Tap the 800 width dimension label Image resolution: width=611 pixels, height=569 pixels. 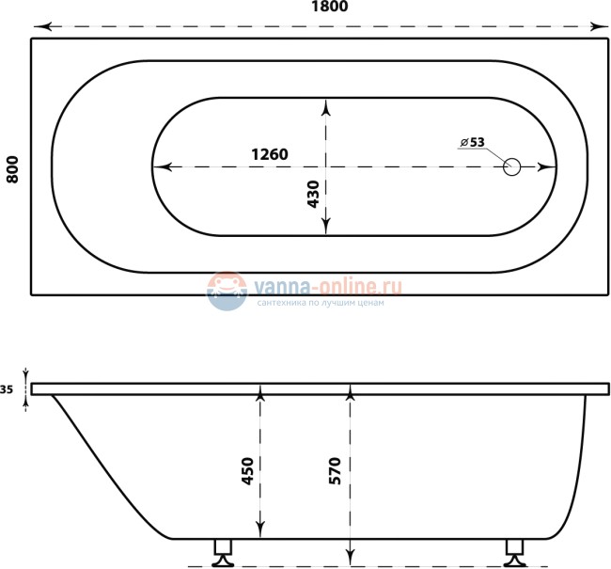pyautogui.click(x=12, y=166)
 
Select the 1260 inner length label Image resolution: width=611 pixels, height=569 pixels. pyautogui.click(x=268, y=154)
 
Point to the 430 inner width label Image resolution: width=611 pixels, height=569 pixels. pyautogui.click(x=313, y=193)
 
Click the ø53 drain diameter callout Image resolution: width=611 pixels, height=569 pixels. pyautogui.click(x=472, y=142)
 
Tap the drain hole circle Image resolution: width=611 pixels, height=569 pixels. pyautogui.click(x=511, y=167)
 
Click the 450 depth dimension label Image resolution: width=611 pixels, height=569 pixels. pyautogui.click(x=247, y=470)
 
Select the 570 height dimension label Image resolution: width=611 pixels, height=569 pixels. pyautogui.click(x=336, y=470)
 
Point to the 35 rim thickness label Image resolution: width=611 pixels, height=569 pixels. pyautogui.click(x=8, y=389)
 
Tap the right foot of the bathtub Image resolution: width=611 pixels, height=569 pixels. pyautogui.click(x=515, y=552)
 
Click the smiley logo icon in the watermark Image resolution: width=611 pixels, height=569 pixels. pyautogui.click(x=226, y=291)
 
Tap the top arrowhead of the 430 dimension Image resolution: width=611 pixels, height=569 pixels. pyautogui.click(x=326, y=104)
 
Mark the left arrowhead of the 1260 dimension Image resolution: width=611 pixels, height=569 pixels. pyautogui.click(x=160, y=167)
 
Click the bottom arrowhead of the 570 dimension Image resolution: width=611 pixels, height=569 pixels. pyautogui.click(x=351, y=559)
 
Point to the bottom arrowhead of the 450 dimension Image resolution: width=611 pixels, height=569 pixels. pyautogui.click(x=261, y=530)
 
